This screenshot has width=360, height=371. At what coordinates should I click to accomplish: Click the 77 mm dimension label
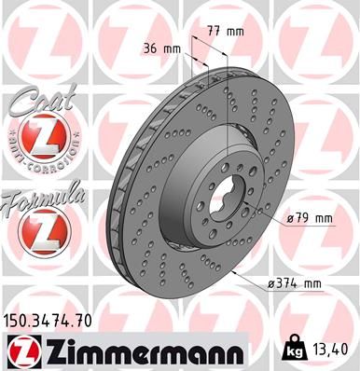pos(226,31)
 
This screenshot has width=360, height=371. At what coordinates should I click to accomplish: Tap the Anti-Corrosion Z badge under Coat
pos(40,140)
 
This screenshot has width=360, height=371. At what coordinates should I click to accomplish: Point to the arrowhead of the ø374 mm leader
pos(233,274)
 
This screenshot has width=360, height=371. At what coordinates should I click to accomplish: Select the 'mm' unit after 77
pos(235,31)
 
